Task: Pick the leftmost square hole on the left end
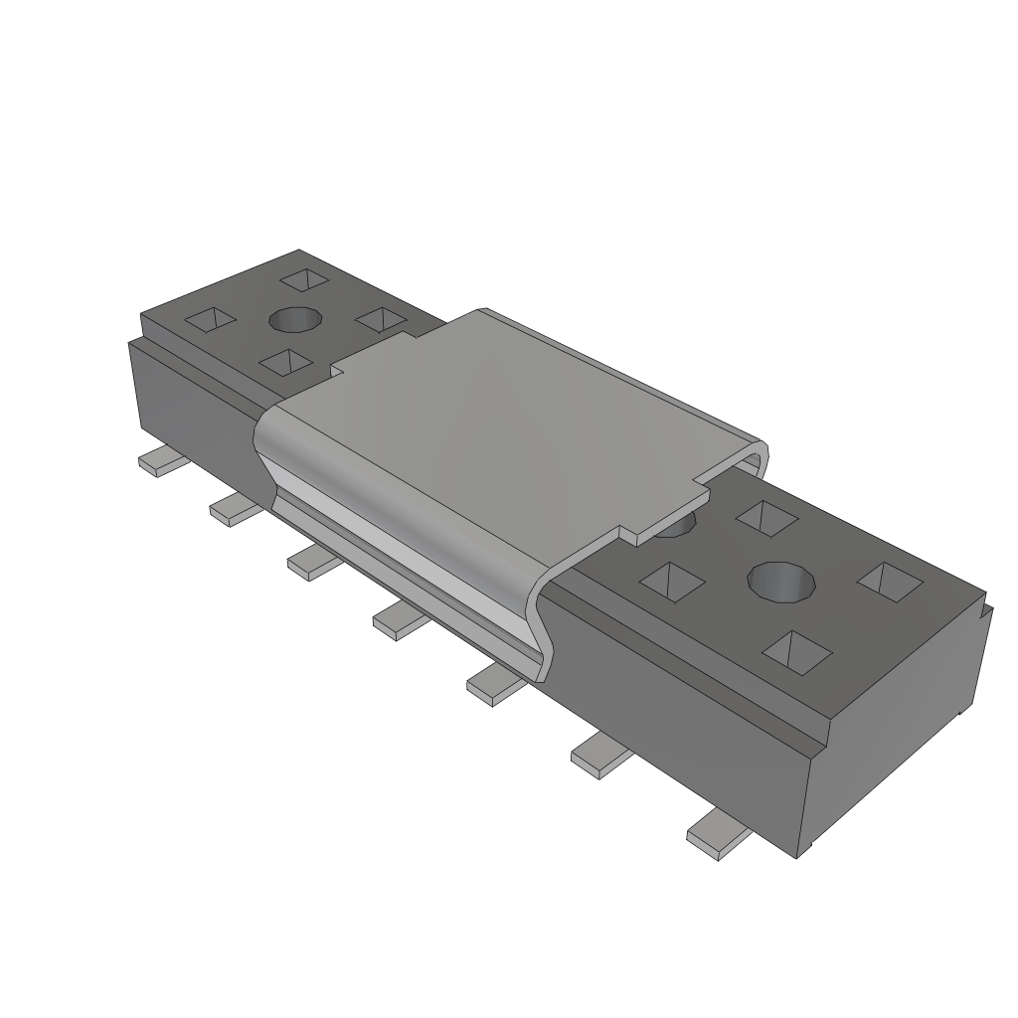pos(211,319)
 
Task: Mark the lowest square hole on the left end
pos(286,362)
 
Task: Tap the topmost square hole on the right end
pos(765,517)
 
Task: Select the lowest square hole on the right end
pos(797,649)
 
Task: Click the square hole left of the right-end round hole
pos(673,582)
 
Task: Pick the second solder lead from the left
pos(235,509)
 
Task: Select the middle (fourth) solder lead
pos(400,621)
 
